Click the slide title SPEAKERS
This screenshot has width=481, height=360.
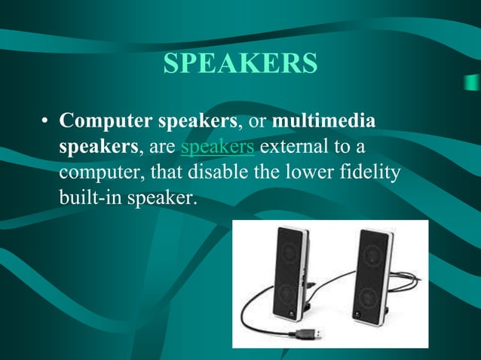pos(240,64)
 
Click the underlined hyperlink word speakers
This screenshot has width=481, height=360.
pos(217,145)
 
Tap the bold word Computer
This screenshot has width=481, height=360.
pos(103,121)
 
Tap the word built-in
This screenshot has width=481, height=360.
pos(89,197)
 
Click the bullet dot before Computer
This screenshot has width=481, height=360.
pos(45,122)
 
